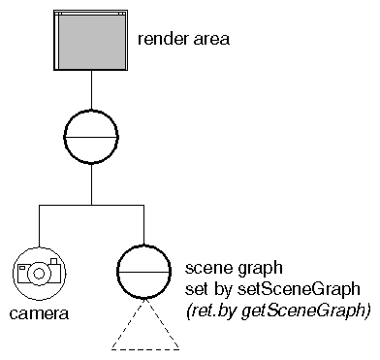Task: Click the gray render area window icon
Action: (x=92, y=44)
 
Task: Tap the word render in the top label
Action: (x=162, y=41)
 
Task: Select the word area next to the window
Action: (x=210, y=41)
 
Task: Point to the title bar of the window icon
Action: (x=92, y=15)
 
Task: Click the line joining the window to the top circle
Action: (x=91, y=93)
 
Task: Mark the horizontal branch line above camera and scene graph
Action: (x=91, y=205)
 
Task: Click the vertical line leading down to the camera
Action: (x=38, y=224)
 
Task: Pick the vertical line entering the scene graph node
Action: (x=143, y=224)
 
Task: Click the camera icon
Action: (x=39, y=272)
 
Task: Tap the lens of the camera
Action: (x=39, y=274)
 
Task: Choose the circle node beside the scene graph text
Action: (x=143, y=272)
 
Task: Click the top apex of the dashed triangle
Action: (x=143, y=302)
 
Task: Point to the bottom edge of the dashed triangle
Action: (x=143, y=347)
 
